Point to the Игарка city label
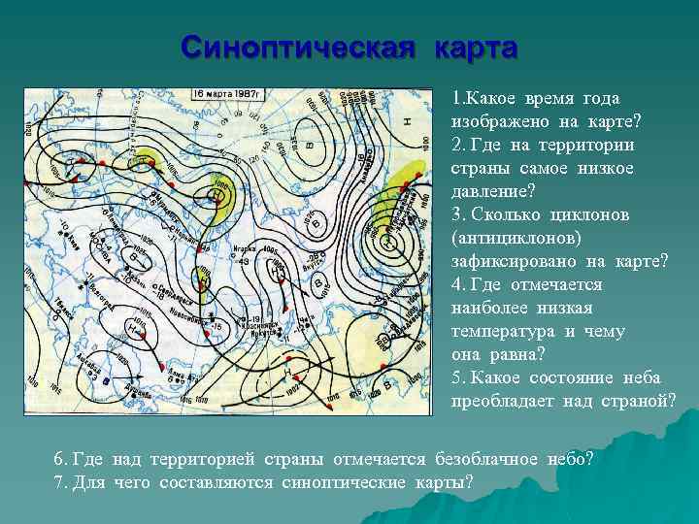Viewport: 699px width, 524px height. point(249,248)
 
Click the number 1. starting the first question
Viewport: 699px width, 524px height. point(459,99)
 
